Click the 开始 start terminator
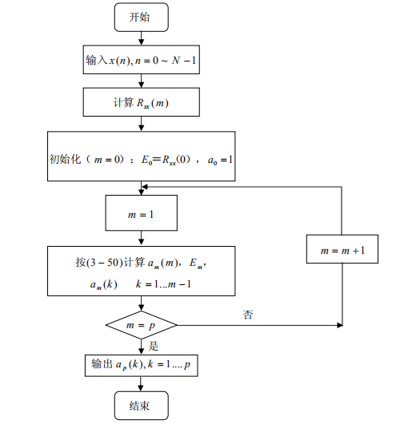(x=141, y=16)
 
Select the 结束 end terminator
(x=141, y=406)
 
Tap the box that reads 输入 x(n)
(x=141, y=61)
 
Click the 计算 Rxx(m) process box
(x=141, y=102)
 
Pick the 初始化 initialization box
(x=141, y=159)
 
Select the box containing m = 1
(x=141, y=214)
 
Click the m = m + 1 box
(x=342, y=250)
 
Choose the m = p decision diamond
(x=141, y=325)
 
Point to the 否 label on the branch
(x=249, y=315)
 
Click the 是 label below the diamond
(x=154, y=346)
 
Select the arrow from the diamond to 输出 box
(x=141, y=346)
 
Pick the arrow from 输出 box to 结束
(x=141, y=385)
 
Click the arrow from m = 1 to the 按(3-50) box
(x=141, y=238)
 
